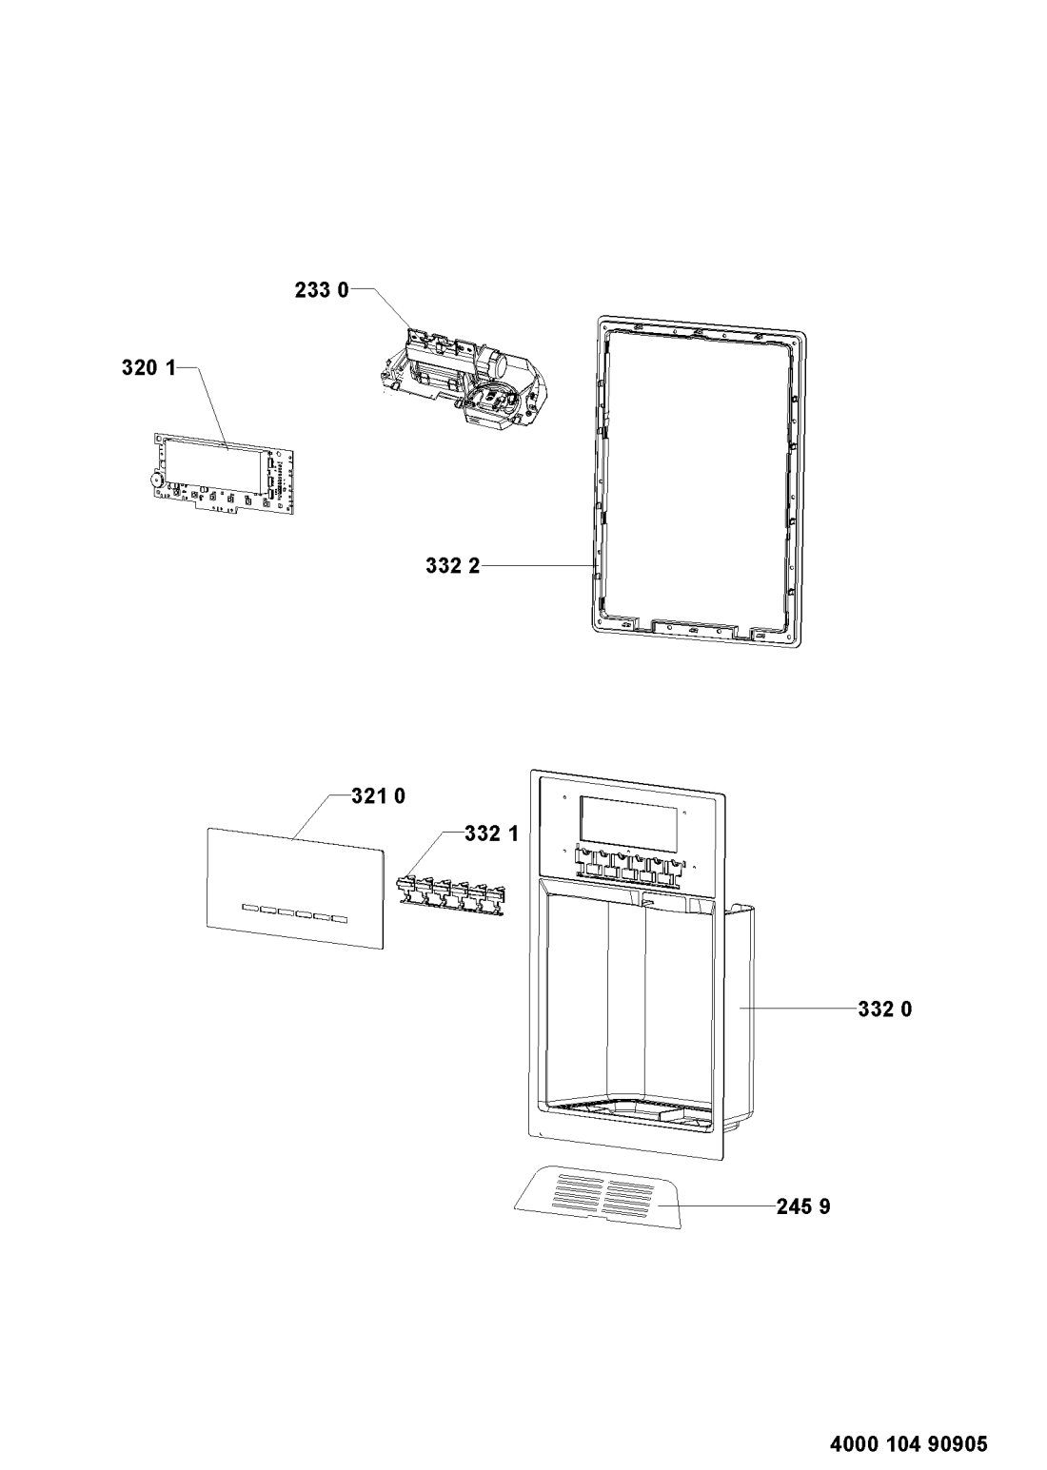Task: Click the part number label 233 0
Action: point(322,290)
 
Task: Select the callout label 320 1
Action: point(149,368)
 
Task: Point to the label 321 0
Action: point(378,796)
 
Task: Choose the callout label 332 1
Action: point(492,833)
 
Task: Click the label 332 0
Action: point(885,1009)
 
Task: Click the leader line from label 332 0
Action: point(798,1009)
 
